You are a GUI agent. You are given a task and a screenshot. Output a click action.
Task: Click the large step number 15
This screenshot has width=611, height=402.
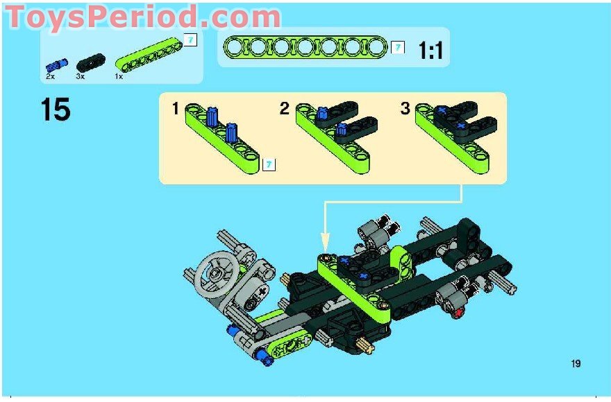(x=56, y=110)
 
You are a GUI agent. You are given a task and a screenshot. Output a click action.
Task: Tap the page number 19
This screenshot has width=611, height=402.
(x=576, y=363)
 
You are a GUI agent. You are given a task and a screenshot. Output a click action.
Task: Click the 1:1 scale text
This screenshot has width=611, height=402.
(x=430, y=51)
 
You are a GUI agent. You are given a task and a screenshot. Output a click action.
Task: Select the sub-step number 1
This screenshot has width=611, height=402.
(x=176, y=109)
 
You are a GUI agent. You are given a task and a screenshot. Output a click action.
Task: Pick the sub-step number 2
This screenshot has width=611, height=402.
(x=285, y=109)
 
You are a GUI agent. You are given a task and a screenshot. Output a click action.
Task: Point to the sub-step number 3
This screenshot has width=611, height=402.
(x=405, y=109)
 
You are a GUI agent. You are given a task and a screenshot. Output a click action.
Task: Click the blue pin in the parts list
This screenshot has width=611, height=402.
(x=57, y=65)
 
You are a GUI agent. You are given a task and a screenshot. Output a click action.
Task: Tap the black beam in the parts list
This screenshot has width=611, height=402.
(x=90, y=62)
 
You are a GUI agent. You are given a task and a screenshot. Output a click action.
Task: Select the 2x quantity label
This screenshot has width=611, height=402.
(x=50, y=77)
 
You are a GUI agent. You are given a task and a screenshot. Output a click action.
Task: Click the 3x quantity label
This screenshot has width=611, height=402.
(x=81, y=77)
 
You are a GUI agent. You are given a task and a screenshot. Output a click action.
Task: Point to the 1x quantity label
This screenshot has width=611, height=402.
(x=119, y=77)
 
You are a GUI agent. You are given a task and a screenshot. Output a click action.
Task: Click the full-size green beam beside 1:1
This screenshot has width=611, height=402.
(x=305, y=47)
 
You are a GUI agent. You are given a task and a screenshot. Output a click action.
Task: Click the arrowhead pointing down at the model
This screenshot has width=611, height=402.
(x=325, y=242)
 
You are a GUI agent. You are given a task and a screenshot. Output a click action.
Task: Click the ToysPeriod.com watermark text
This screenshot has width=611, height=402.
(x=142, y=17)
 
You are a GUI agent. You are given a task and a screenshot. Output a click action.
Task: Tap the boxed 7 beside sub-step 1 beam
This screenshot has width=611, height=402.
(x=269, y=165)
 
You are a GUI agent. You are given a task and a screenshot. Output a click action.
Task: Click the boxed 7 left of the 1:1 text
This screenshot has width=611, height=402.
(x=397, y=48)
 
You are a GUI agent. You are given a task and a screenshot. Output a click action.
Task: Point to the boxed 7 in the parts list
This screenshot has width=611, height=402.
(x=190, y=40)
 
